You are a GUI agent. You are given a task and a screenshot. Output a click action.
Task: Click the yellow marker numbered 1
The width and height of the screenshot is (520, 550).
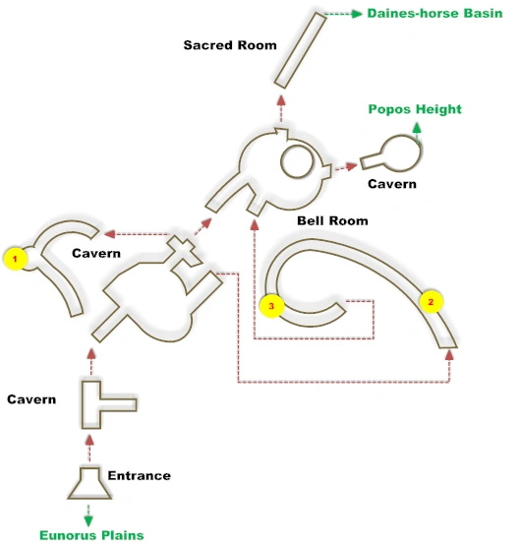coord(15,259)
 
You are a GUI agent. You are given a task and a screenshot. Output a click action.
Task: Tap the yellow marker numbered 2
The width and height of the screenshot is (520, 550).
coord(431,302)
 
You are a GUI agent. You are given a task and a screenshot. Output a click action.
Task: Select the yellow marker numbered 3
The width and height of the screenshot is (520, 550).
coord(271,306)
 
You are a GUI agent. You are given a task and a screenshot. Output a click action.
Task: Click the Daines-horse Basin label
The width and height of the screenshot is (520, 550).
coord(434,14)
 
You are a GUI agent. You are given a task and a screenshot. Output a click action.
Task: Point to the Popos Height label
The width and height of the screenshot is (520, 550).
coord(415,109)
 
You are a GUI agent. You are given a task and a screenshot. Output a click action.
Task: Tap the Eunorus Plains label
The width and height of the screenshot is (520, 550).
coord(91,535)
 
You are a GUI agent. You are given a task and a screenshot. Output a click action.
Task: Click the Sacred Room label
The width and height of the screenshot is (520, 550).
coord(230,45)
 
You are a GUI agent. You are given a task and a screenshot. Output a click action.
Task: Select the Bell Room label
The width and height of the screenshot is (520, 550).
coord(332,220)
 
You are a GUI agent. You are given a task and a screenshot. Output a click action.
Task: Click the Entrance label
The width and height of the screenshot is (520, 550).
coord(140,475)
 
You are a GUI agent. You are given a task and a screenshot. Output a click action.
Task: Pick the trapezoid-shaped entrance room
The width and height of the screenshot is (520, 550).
coord(89,483)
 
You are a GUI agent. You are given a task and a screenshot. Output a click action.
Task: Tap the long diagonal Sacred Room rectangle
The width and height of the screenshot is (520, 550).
coord(300,50)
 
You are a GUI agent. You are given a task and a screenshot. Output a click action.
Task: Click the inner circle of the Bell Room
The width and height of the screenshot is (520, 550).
coord(297,161)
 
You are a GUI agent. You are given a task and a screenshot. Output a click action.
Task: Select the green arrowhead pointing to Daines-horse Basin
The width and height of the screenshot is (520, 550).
coord(357,14)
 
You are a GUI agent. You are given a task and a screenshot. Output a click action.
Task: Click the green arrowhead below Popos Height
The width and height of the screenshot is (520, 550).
coord(417,127)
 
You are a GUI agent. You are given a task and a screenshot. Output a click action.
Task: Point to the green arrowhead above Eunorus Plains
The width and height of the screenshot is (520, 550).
coord(88,520)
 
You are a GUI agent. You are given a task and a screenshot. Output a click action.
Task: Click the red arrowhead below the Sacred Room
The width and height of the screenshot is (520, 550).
coord(281,100)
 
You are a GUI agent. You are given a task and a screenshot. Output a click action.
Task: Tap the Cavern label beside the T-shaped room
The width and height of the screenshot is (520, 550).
coord(31,399)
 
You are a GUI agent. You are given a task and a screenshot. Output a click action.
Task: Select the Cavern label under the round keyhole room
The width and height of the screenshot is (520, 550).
coord(392,184)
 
